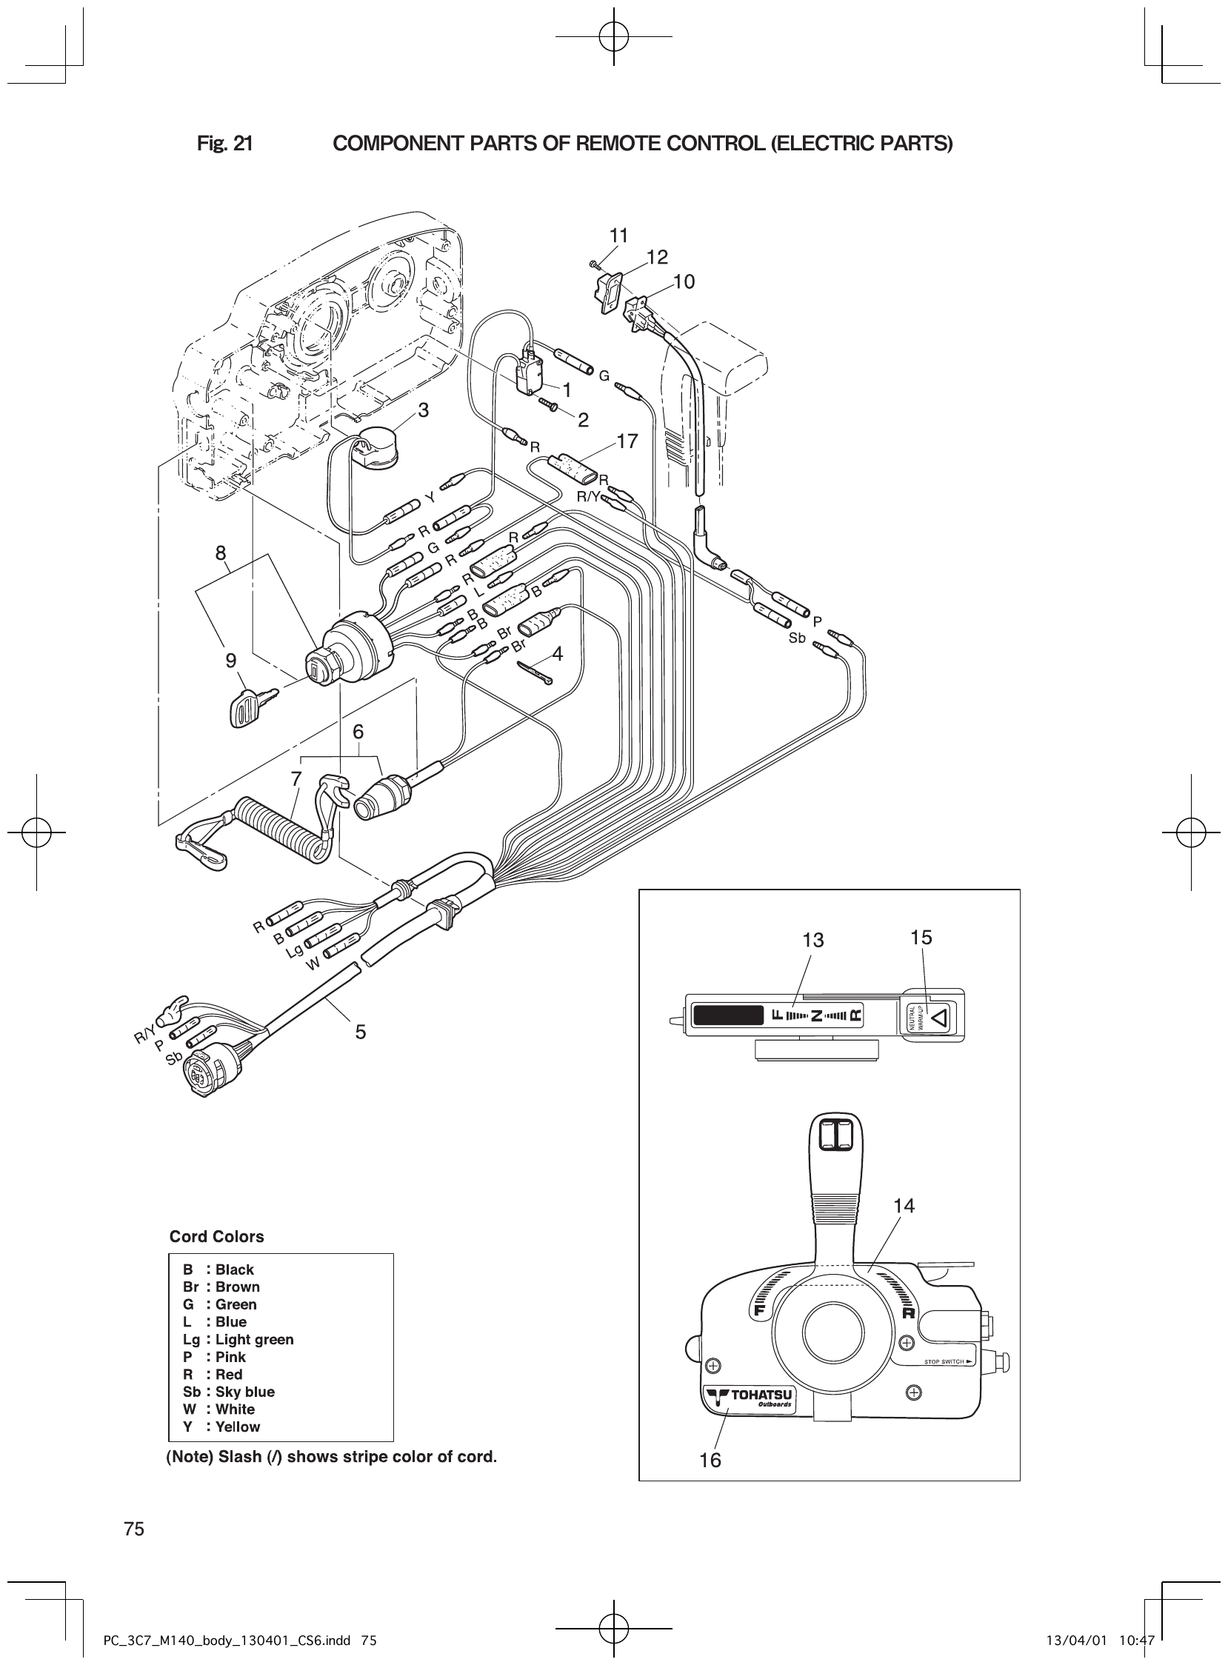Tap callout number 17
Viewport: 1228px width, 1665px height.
click(627, 441)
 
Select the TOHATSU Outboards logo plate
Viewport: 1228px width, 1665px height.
click(750, 1401)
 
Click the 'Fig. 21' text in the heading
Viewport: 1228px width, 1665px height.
click(224, 144)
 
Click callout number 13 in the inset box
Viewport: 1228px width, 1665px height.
click(813, 941)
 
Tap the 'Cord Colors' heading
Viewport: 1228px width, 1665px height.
click(216, 1237)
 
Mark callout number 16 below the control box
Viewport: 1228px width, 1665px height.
click(710, 1461)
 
